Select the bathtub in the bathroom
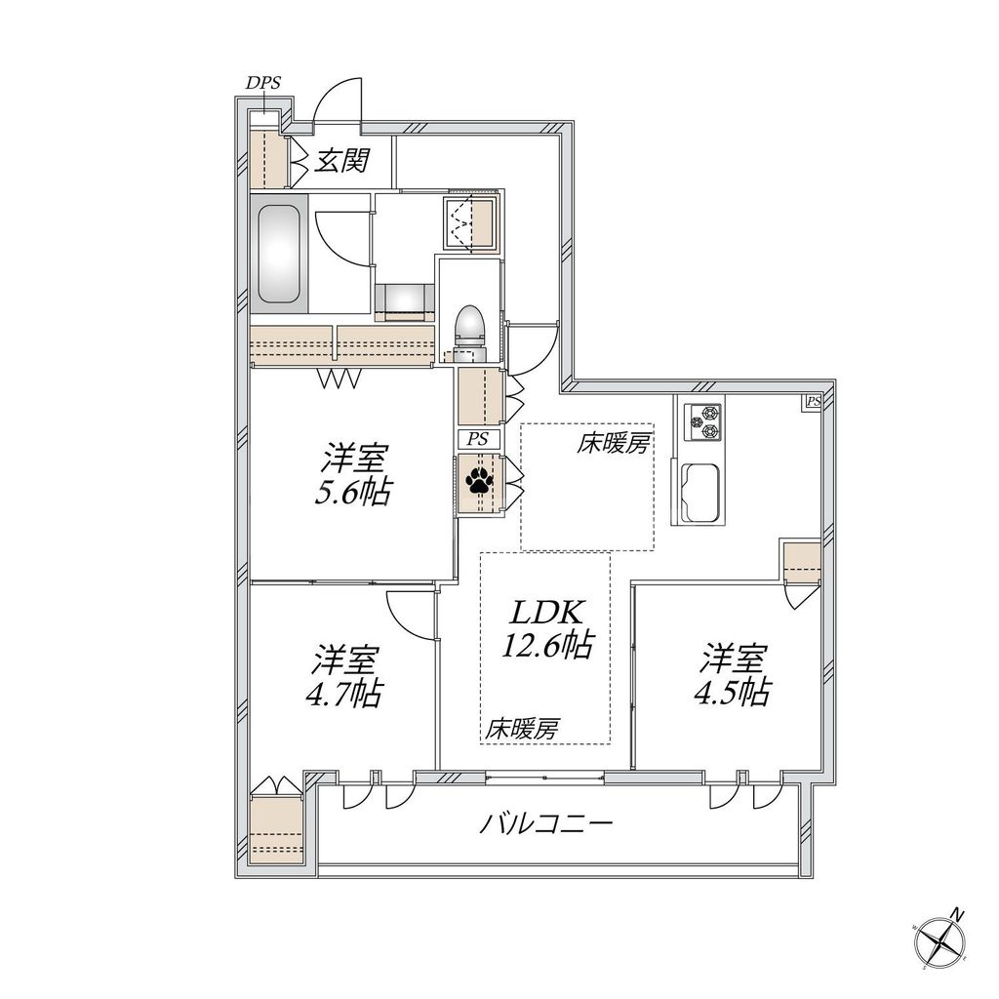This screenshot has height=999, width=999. [x=280, y=256]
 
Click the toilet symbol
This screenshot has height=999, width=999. [x=469, y=326]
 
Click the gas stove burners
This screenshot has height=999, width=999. [x=702, y=422]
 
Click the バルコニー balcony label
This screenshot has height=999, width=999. [x=546, y=825]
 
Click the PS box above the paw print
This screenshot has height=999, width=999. [x=478, y=440]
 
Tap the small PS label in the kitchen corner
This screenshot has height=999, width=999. [x=813, y=401]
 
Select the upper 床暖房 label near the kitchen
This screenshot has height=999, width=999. [x=613, y=445]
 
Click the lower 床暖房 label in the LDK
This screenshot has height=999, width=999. [x=523, y=727]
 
